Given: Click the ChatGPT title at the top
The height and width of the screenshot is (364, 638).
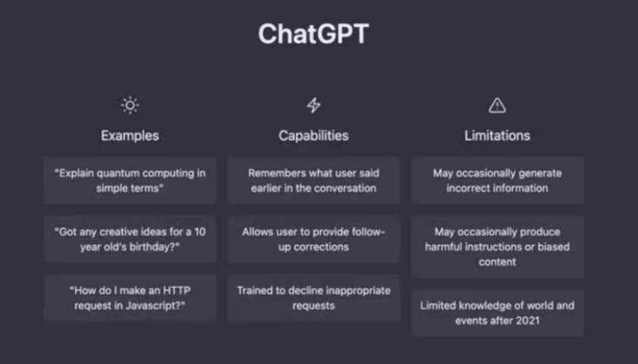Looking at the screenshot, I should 313,34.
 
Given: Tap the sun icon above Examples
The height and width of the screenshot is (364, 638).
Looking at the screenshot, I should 130,105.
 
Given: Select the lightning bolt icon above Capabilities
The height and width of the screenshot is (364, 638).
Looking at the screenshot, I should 313,105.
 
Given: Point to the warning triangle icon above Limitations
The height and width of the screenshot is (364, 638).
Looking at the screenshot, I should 497,105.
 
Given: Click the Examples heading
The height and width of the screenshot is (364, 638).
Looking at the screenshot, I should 130,136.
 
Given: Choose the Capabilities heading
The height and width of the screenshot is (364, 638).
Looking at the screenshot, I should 313,136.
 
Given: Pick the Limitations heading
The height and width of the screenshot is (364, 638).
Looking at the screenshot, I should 497,136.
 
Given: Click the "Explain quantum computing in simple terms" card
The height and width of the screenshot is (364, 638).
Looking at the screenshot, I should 130,180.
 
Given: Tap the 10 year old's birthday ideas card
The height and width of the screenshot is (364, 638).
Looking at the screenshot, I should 130,239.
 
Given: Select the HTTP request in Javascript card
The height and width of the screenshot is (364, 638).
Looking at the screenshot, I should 130,297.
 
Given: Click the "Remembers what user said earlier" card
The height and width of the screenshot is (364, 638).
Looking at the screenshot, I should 313,180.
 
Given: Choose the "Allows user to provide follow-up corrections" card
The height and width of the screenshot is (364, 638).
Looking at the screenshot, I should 313,239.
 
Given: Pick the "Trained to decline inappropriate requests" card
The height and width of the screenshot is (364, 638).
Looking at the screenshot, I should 313,297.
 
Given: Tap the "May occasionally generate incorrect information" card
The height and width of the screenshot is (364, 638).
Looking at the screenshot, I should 497,180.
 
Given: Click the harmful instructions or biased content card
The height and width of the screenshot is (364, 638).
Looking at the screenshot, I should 497,246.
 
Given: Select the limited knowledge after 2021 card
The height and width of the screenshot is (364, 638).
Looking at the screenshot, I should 497,312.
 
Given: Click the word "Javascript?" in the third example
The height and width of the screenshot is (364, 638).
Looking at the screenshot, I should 159,305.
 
